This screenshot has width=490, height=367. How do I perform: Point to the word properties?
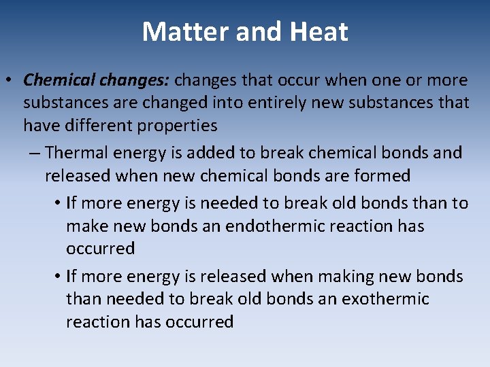tap(177, 126)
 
